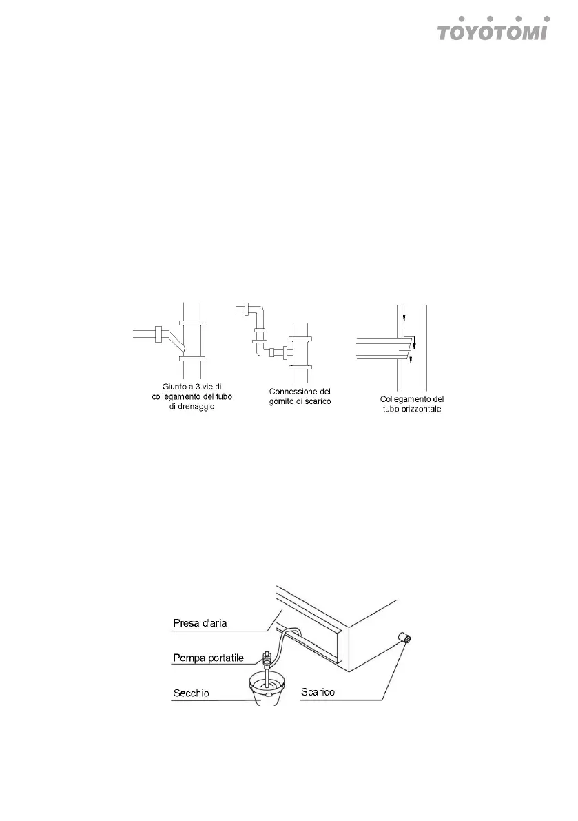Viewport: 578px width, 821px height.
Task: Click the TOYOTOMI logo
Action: [x=494, y=30]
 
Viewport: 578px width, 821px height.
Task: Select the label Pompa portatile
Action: [x=207, y=658]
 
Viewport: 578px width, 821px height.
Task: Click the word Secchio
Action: [x=191, y=691]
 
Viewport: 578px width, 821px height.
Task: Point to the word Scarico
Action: [x=318, y=691]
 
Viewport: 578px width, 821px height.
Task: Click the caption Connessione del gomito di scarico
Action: [x=300, y=396]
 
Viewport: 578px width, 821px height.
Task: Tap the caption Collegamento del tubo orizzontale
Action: [x=411, y=404]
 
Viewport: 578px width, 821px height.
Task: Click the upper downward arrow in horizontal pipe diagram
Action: [x=405, y=318]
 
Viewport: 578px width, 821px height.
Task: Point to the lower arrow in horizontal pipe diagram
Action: [x=411, y=358]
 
